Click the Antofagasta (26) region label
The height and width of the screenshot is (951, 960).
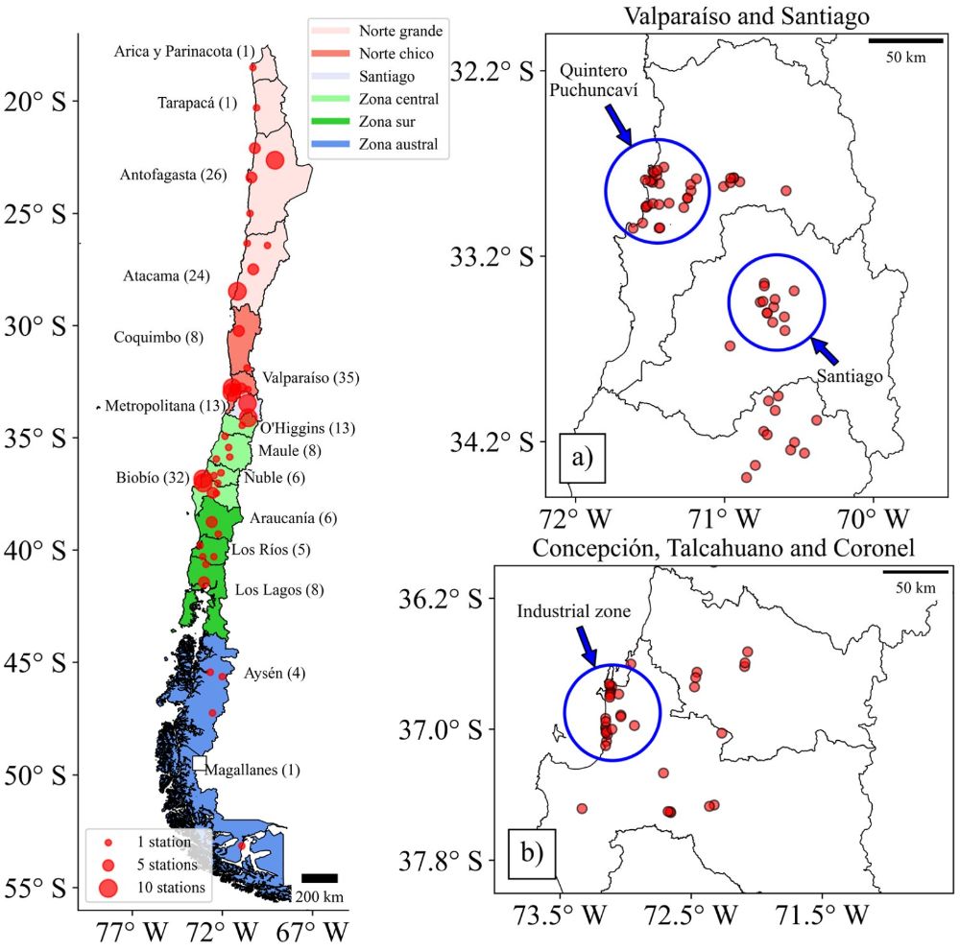coord(173,175)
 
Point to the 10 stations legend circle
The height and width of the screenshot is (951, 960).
coord(108,886)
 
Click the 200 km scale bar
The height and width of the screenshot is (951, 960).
coord(319,877)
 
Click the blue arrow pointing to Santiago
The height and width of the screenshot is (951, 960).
coord(824,348)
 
